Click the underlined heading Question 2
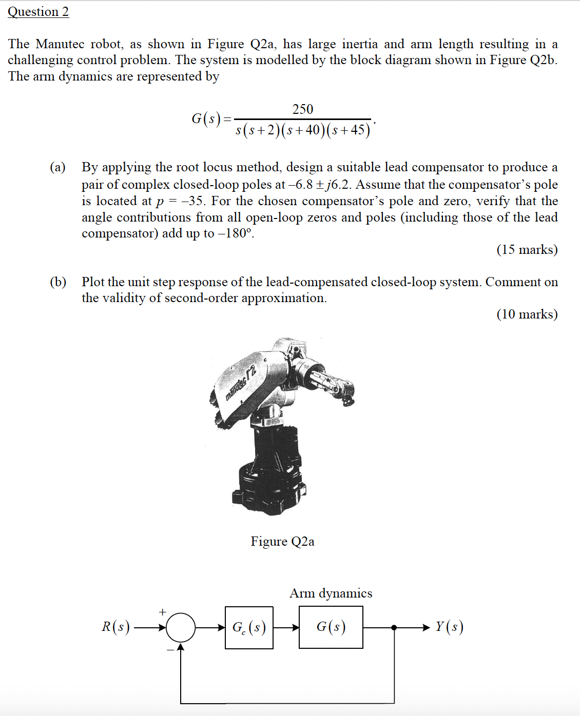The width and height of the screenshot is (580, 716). (x=38, y=12)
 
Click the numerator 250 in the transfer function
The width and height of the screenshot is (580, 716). (x=302, y=109)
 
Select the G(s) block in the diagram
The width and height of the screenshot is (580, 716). (x=331, y=627)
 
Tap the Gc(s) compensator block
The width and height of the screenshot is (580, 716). (x=249, y=628)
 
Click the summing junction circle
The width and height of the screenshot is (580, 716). (x=181, y=627)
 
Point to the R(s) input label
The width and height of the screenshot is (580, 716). (x=115, y=627)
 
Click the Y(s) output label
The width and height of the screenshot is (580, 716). (x=449, y=627)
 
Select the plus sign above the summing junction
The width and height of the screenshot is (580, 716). (x=163, y=612)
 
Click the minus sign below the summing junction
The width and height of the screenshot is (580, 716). (x=170, y=650)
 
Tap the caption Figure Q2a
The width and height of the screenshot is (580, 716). (x=282, y=542)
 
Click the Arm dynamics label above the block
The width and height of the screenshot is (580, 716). (x=331, y=593)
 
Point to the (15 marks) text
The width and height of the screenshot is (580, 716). (x=527, y=250)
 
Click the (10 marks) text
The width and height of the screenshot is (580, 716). (x=527, y=314)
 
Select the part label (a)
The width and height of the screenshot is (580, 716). (x=58, y=168)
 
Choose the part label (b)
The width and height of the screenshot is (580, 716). (x=58, y=282)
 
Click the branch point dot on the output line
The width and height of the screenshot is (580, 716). (x=394, y=627)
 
